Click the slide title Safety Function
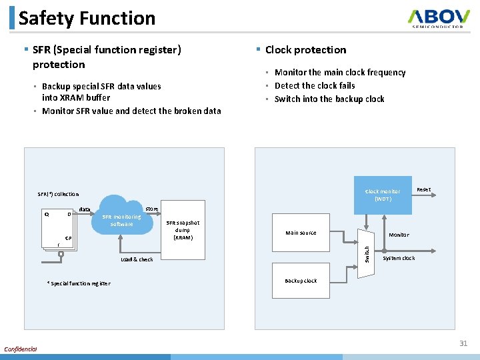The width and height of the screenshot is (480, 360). tap(87, 18)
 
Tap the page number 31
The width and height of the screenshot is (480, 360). tap(463, 343)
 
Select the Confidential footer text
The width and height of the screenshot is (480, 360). tap(21, 349)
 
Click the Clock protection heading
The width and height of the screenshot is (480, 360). tap(305, 50)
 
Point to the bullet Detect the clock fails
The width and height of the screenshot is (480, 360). tap(315, 85)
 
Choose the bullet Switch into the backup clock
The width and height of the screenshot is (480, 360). tap(329, 99)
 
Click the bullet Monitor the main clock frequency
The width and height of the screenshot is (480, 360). tap(340, 72)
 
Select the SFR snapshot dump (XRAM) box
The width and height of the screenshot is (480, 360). tap(182, 230)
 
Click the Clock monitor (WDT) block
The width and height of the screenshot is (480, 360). tap(383, 195)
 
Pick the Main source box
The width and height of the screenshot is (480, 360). tap(301, 233)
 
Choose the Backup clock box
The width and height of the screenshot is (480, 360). tap(301, 281)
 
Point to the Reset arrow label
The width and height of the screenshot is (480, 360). tap(423, 190)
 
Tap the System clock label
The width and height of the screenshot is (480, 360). tap(399, 258)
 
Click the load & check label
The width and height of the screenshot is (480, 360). tap(137, 259)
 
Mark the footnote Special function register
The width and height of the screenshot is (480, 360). tap(79, 283)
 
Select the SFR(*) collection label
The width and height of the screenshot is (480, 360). tap(58, 194)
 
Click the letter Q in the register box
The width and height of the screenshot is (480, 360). tap(46, 214)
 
